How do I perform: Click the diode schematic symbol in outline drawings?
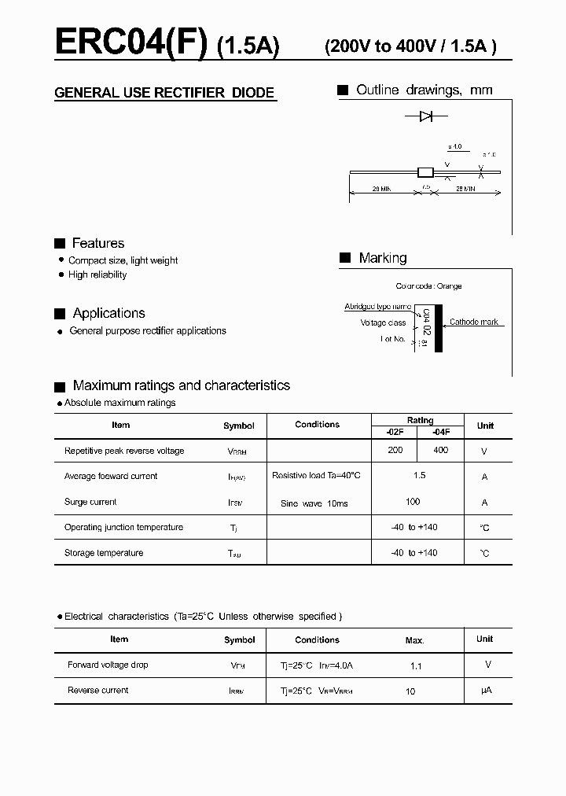[x=425, y=116]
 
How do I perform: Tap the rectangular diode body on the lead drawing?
[x=425, y=172]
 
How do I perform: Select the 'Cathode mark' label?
[x=474, y=322]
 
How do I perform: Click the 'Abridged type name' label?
[x=377, y=307]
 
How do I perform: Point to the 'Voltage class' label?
[x=383, y=322]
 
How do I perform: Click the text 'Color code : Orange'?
[x=428, y=286]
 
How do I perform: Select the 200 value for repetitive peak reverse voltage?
[x=395, y=450]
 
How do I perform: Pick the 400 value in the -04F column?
[x=440, y=450]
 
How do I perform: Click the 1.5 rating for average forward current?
[x=419, y=476]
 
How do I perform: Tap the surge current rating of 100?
[x=413, y=501]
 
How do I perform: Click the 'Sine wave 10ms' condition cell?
[x=314, y=503]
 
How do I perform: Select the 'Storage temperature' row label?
[x=104, y=553]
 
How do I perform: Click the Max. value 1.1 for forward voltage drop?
[x=416, y=666]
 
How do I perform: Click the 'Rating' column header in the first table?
[x=420, y=421]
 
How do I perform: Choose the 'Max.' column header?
[x=414, y=640]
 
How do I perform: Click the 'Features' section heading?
[x=98, y=244]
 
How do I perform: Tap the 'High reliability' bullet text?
[x=97, y=275]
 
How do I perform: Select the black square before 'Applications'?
[x=60, y=314]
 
